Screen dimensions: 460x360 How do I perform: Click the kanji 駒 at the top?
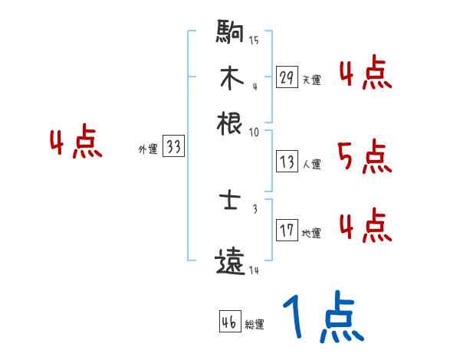click(x=231, y=34)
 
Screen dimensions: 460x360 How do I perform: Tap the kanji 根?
click(x=231, y=123)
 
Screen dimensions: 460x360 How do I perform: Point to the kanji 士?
click(x=231, y=202)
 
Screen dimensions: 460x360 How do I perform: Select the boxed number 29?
click(x=287, y=77)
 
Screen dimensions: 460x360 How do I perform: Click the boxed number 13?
click(x=287, y=162)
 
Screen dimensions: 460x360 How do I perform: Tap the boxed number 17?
click(x=287, y=230)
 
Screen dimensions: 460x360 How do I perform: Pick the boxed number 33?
click(x=173, y=148)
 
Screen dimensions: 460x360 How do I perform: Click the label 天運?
click(x=311, y=80)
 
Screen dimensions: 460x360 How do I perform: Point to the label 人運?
click(x=311, y=164)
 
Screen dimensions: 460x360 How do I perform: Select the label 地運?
click(x=311, y=233)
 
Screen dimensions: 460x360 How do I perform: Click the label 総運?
click(x=255, y=325)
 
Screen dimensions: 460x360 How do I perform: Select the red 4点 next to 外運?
click(x=75, y=144)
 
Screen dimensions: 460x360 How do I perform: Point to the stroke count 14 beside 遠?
click(x=254, y=270)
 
